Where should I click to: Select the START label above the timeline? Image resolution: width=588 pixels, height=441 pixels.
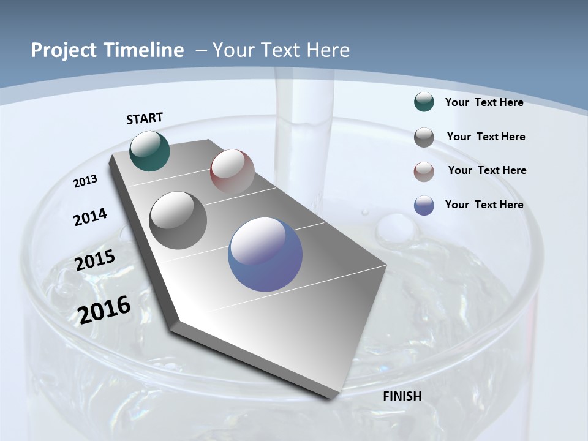click(145, 118)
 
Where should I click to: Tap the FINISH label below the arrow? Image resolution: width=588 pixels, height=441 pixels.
click(402, 396)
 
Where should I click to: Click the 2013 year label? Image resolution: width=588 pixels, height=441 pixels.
click(86, 181)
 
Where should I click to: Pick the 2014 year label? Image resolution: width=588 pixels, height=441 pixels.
click(91, 217)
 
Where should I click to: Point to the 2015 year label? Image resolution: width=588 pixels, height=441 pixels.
click(95, 260)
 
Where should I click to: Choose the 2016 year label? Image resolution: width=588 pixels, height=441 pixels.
click(104, 309)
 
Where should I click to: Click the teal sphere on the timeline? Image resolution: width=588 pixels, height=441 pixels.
click(149, 151)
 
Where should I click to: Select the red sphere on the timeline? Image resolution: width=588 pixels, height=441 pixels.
click(232, 171)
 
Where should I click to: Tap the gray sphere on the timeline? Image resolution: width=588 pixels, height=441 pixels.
click(178, 221)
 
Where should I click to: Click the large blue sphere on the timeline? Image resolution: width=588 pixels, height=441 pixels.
click(265, 254)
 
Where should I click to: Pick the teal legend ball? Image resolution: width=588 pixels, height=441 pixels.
click(424, 102)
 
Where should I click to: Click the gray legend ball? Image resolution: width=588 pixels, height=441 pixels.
click(424, 137)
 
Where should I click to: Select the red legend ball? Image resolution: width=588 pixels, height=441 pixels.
click(424, 171)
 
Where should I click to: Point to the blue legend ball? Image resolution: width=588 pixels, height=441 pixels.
click(424, 205)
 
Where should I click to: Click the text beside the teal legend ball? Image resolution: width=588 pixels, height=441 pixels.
click(484, 102)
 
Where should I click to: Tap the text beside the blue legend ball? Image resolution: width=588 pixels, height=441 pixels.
click(484, 205)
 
